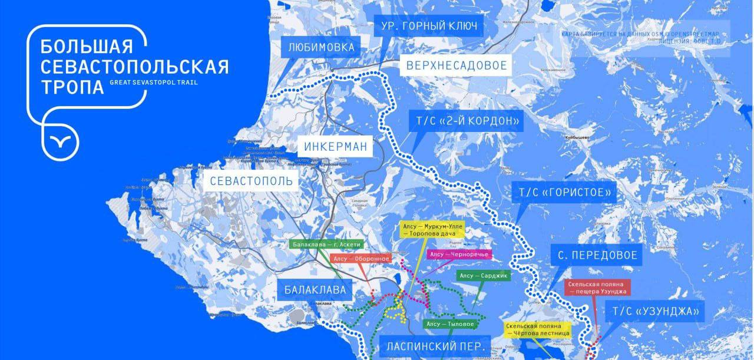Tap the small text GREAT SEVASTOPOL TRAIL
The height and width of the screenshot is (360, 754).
click(154, 82)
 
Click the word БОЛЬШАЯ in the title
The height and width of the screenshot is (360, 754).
click(87, 47)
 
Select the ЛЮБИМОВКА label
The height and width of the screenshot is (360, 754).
click(322, 47)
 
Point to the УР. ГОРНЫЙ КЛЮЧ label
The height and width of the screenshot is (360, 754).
click(429, 26)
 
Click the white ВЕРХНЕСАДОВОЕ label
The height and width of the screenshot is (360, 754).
click(455, 65)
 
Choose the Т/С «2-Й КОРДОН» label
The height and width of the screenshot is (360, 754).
click(465, 122)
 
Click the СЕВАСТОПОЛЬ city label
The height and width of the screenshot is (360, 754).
click(252, 180)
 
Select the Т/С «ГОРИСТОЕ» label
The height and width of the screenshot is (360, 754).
click(564, 193)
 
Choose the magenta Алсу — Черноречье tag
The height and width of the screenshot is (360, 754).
click(458, 254)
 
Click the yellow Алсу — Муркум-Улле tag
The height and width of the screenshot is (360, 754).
click(432, 229)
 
